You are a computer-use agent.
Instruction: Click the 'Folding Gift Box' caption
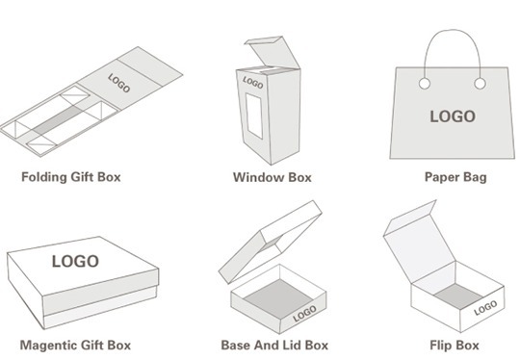coord(71,177)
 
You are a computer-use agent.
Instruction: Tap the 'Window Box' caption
coord(273,177)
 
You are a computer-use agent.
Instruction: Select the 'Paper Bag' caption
coord(455,177)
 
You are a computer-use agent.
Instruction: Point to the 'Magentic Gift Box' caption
coord(75,346)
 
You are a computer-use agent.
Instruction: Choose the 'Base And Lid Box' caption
coord(274,346)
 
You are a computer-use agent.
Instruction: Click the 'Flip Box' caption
coord(455,346)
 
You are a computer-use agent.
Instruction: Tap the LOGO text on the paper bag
coord(453,116)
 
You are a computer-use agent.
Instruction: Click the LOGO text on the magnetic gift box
coord(75,261)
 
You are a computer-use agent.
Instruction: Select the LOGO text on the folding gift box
coord(119,83)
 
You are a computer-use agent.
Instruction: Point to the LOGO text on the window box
coord(253,83)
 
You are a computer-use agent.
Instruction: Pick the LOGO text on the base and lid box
coord(304,314)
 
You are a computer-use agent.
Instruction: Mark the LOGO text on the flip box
coord(485,308)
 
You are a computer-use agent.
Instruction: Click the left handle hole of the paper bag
coord(425,84)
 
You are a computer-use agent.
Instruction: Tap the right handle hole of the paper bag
coord(480,84)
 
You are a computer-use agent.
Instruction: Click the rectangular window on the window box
coord(254,116)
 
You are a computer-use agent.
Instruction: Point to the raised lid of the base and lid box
coord(271,242)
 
